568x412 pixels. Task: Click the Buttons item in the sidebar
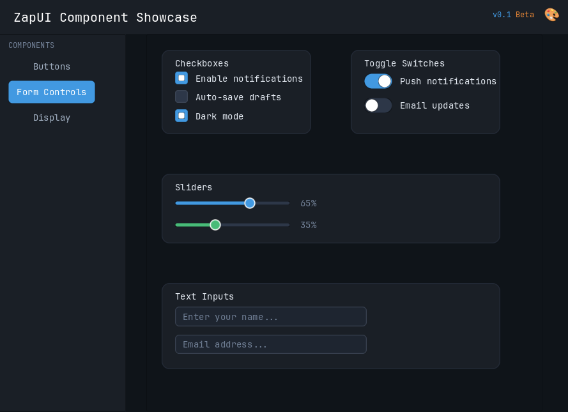tap(52, 66)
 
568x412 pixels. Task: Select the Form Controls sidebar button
tap(52, 92)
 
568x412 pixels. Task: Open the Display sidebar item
tap(52, 118)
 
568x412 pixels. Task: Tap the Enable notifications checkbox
tap(181, 78)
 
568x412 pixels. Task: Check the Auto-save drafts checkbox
tap(181, 96)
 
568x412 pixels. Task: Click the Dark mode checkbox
tap(181, 116)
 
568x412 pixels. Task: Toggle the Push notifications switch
tap(378, 81)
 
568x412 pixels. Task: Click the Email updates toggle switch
tap(378, 105)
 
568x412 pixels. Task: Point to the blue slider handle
tap(250, 203)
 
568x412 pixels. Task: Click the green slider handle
tap(215, 225)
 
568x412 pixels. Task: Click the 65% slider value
tap(308, 204)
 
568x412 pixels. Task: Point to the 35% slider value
tap(308, 225)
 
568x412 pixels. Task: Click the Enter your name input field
tap(271, 317)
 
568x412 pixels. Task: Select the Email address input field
tap(271, 344)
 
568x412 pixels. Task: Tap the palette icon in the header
tap(551, 15)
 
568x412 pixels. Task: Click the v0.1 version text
tap(502, 15)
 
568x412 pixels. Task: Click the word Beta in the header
tap(525, 15)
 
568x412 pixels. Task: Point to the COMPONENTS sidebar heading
tap(31, 45)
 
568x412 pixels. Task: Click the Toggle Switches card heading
tap(404, 63)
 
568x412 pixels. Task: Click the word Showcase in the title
tap(167, 17)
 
